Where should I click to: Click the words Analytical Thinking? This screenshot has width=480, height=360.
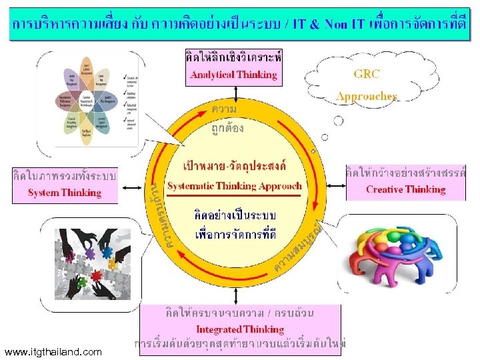point(233,75)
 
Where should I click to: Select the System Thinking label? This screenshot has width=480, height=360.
point(65,193)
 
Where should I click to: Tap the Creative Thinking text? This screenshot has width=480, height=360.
point(405,189)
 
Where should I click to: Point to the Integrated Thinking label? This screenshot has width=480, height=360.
point(240,329)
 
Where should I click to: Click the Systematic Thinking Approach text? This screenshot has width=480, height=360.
point(235,186)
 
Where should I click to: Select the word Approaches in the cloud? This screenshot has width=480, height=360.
point(367,96)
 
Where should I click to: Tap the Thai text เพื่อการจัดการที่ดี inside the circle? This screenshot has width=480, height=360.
point(235,234)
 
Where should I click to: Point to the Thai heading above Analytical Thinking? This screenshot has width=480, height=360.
point(233,58)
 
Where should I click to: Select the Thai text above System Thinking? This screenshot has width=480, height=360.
point(65,177)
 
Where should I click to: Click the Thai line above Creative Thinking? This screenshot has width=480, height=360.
point(405,173)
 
